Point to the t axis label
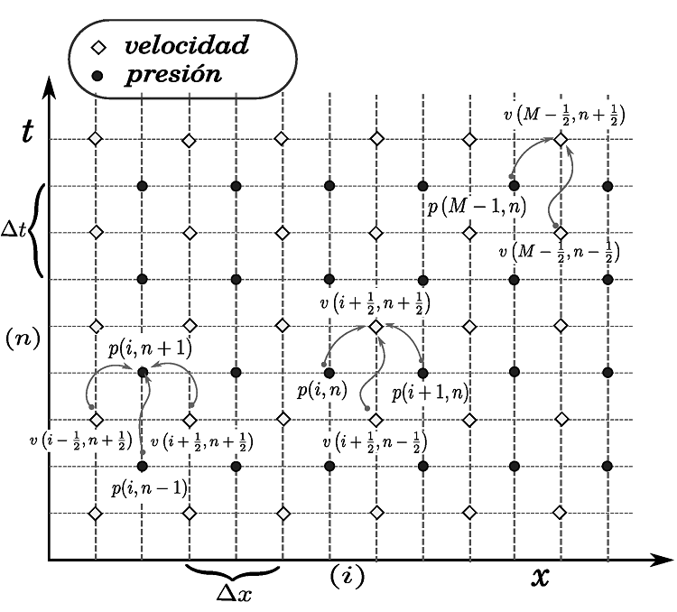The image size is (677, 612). [x=28, y=132]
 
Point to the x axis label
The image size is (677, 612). [x=540, y=578]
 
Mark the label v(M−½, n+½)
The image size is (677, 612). [x=564, y=116]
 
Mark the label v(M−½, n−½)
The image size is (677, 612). [x=559, y=252]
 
